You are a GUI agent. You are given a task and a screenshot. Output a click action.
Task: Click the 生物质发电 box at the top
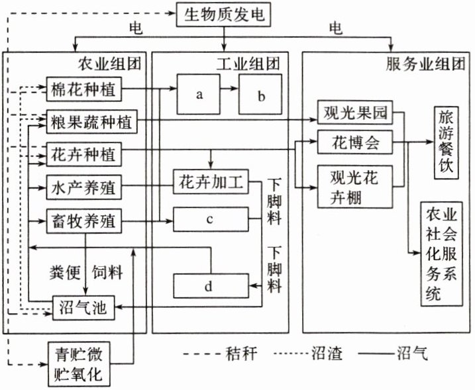click(225, 14)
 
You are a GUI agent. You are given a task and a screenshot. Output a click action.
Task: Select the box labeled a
click(198, 95)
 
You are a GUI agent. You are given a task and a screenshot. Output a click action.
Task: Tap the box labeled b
click(261, 95)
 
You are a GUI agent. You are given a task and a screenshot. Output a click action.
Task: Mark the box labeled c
click(209, 219)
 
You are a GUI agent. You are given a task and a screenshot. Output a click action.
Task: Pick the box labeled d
click(209, 286)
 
